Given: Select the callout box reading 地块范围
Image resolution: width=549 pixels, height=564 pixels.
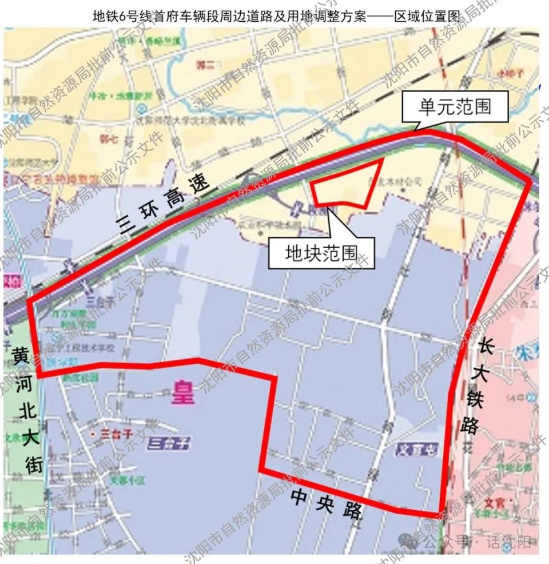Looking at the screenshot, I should point(321,252).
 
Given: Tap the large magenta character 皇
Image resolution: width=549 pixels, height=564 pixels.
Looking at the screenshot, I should point(182,393).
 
